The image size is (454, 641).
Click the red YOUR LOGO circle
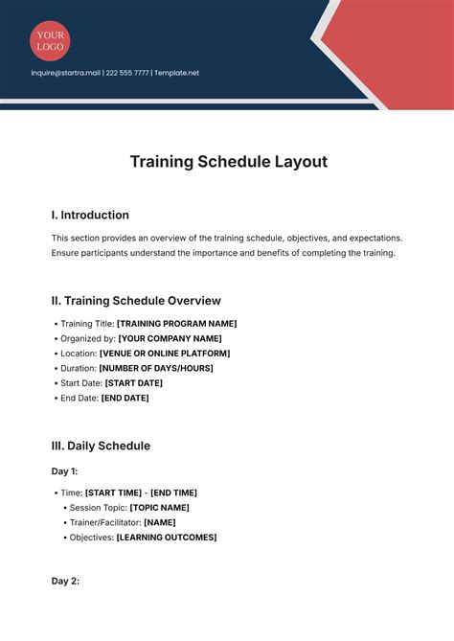tap(50, 40)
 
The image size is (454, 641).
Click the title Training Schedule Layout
tap(228, 162)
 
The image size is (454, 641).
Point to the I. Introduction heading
tap(90, 216)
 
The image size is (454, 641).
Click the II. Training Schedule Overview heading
tap(136, 300)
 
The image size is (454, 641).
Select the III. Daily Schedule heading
tap(101, 446)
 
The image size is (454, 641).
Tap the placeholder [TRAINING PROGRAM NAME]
tap(177, 324)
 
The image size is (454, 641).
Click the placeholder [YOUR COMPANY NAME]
tap(170, 338)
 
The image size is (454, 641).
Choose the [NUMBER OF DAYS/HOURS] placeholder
tap(156, 368)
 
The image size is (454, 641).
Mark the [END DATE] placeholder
tap(125, 398)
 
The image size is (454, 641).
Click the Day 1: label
tap(65, 470)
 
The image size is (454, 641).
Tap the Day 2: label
tap(65, 582)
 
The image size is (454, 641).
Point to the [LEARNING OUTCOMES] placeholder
tap(167, 538)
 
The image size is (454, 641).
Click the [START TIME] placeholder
tap(114, 492)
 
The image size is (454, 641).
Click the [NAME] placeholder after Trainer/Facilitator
tap(160, 522)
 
